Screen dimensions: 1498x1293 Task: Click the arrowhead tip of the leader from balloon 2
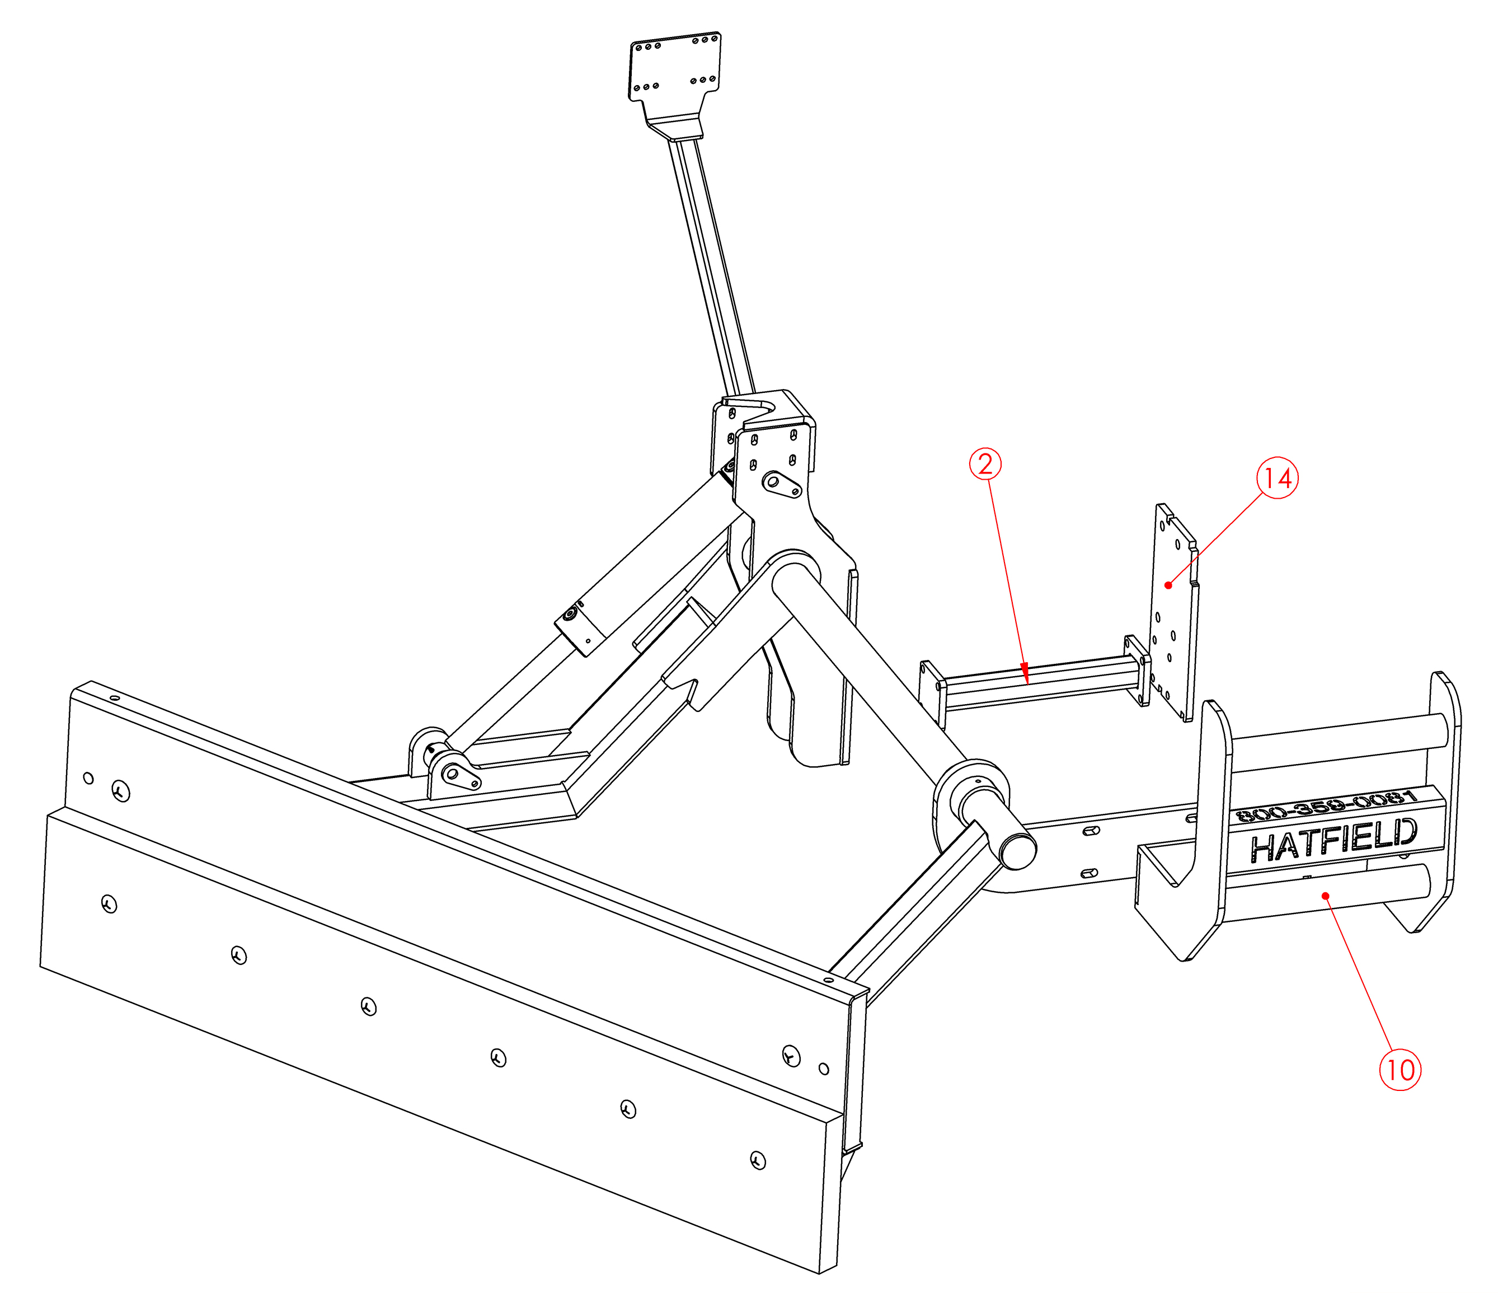pyautogui.click(x=1027, y=684)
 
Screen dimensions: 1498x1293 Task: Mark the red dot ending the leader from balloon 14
pyautogui.click(x=1168, y=584)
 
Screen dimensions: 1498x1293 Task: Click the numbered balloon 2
pyautogui.click(x=985, y=464)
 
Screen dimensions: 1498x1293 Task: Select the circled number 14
pyautogui.click(x=1278, y=478)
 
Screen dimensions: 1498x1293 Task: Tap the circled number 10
pyautogui.click(x=1401, y=1070)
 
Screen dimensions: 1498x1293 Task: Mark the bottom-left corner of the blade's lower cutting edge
pyautogui.click(x=40, y=967)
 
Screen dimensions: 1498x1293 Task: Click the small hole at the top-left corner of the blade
pyautogui.click(x=114, y=699)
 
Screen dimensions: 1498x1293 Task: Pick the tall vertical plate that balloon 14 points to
pyautogui.click(x=1173, y=612)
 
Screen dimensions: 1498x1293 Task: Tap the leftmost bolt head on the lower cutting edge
pyautogui.click(x=109, y=904)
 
